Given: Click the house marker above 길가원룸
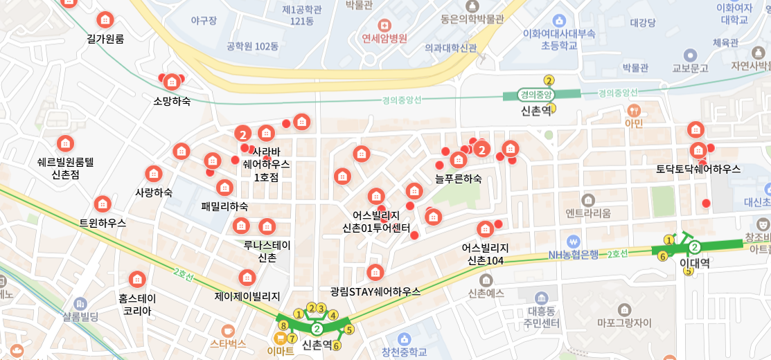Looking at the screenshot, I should tap(105, 19).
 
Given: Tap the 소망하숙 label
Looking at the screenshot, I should tap(172, 101).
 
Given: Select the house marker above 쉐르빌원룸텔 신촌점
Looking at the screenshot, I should tap(65, 143).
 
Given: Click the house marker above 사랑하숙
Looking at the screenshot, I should tap(154, 174).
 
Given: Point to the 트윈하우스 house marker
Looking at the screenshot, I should tap(103, 204).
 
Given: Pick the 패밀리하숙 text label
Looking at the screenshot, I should tap(224, 206).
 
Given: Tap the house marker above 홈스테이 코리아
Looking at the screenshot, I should tap(137, 279).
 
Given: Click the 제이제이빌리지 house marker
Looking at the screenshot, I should tap(247, 278).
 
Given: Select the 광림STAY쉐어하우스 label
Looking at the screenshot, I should tap(375, 291).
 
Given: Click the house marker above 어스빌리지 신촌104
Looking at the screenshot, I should tap(486, 228).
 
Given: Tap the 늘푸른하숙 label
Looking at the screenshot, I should tap(458, 179).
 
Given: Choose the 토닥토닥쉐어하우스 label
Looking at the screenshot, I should tap(698, 169).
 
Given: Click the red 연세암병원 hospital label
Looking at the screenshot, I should tap(384, 39).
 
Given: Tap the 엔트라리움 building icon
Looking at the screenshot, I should tap(589, 200).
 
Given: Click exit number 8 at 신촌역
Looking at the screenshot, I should tap(283, 325).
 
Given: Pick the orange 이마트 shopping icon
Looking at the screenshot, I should tap(281, 338).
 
